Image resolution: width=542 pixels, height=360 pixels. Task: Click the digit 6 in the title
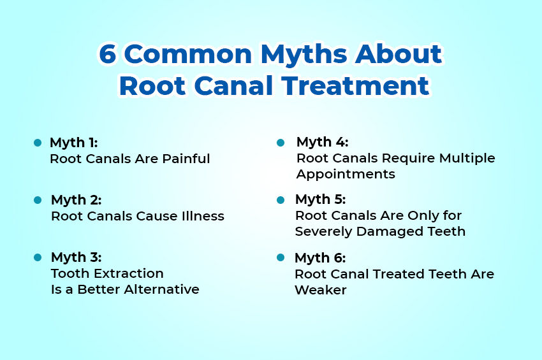point(107,55)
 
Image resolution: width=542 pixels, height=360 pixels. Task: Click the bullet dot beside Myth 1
point(37,143)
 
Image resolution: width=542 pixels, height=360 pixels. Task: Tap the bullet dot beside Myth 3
point(37,257)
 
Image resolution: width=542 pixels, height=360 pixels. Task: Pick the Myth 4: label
point(322,141)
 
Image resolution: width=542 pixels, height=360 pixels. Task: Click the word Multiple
point(465,158)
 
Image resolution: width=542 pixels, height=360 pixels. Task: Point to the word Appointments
point(346,174)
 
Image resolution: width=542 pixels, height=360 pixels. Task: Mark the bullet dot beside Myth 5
point(280,199)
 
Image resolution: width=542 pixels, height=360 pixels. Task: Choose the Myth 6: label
point(320,258)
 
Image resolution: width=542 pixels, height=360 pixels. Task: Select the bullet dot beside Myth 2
point(37,200)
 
